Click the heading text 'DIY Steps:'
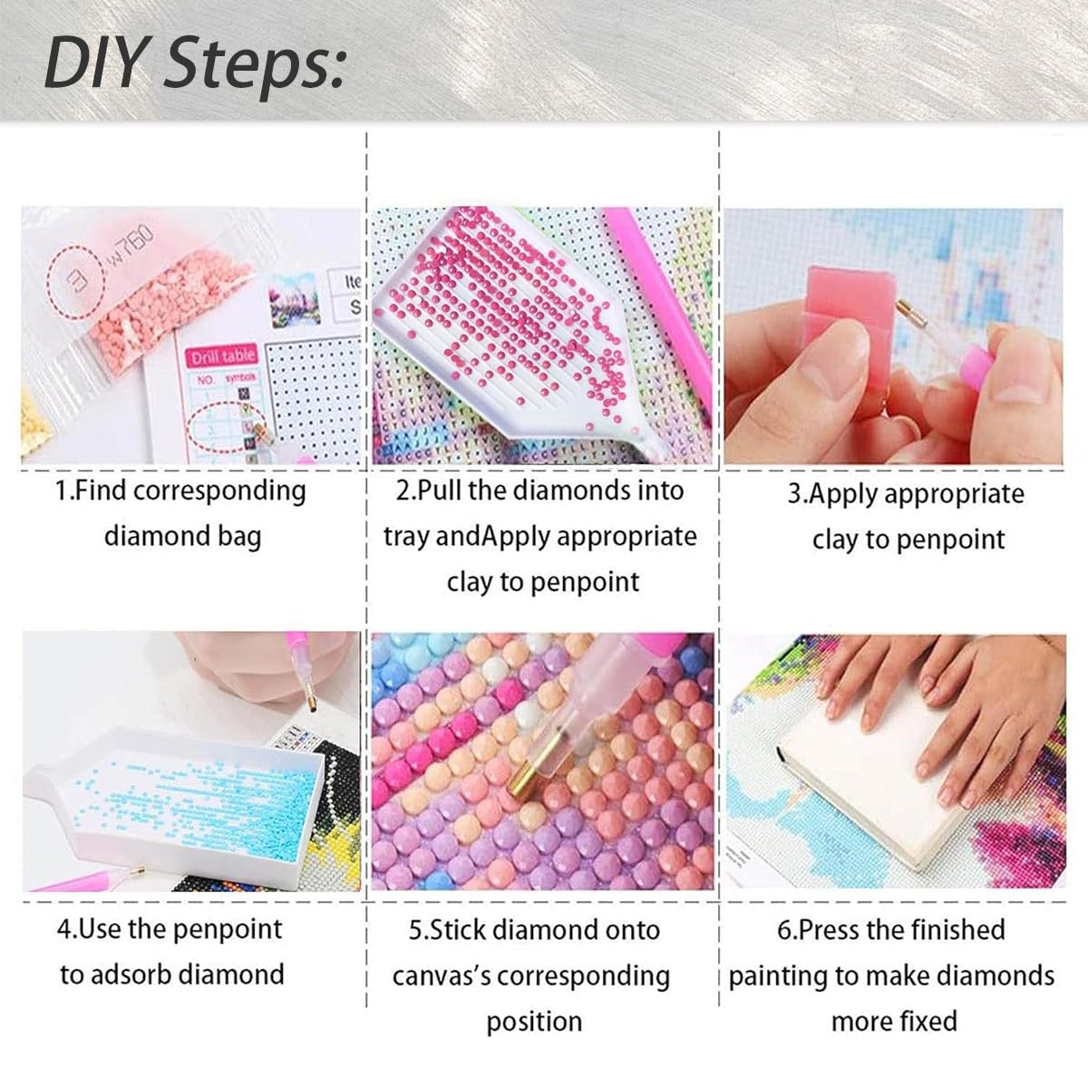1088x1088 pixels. tap(194, 62)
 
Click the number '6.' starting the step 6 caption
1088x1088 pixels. tap(787, 930)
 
